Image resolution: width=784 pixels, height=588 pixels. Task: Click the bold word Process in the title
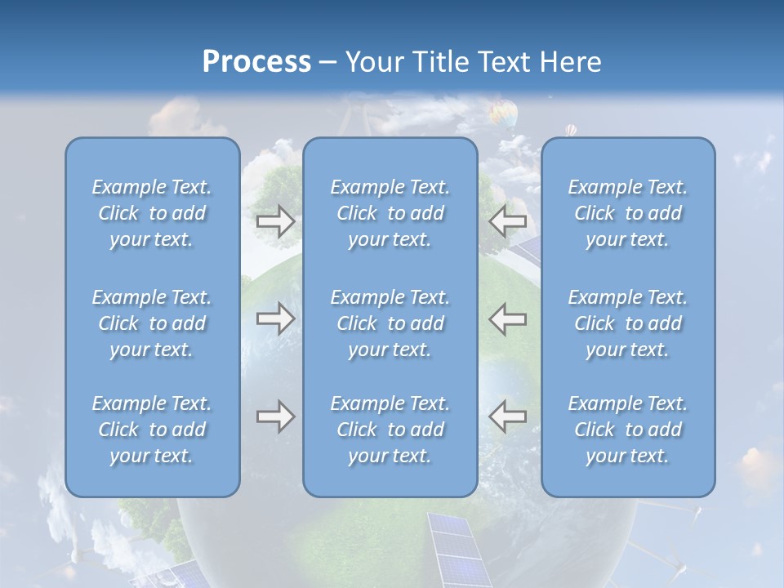256,62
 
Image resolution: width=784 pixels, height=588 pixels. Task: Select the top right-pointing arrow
275,221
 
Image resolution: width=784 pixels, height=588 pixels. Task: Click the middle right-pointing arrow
275,318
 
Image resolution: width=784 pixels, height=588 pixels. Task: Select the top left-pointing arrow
508,221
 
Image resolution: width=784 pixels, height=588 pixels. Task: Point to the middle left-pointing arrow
508,318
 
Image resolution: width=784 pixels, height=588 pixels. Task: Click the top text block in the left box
152,213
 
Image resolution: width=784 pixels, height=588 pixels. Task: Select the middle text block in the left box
152,323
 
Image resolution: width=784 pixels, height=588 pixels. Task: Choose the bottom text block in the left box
152,430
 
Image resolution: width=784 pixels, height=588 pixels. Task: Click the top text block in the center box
390,213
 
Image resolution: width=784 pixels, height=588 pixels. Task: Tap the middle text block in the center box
390,323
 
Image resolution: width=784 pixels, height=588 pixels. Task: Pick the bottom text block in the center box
390,430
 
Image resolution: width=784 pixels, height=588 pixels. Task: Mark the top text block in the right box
628,213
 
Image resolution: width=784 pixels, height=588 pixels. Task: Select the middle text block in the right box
628,323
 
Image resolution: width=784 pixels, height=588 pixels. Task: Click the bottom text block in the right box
628,430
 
